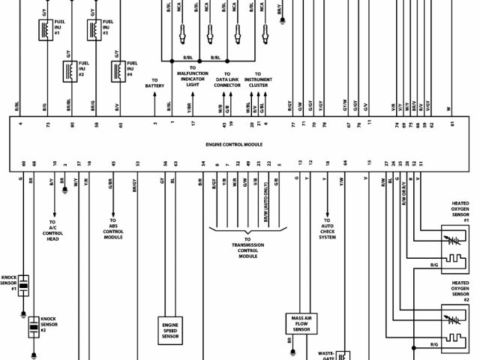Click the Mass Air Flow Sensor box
(301, 324)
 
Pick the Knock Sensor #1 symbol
(24, 285)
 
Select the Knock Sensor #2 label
(49, 324)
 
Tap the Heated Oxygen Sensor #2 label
(460, 289)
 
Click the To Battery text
(154, 82)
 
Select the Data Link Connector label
(227, 82)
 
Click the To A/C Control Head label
(53, 232)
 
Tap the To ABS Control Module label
(113, 232)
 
